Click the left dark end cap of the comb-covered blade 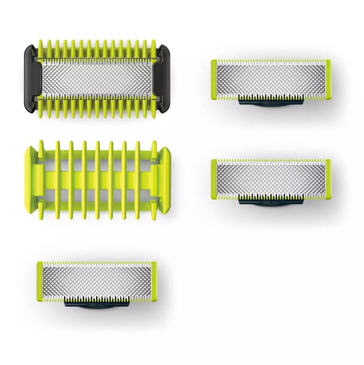pyautogui.click(x=30, y=79)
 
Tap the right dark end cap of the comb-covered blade pyautogui.click(x=164, y=79)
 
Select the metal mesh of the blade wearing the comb pyautogui.click(x=97, y=79)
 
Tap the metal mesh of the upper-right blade pyautogui.click(x=271, y=79)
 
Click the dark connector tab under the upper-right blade pyautogui.click(x=271, y=102)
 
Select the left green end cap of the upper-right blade pyautogui.click(x=214, y=79)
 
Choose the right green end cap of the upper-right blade pyautogui.click(x=328, y=79)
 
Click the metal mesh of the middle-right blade pyautogui.click(x=271, y=179)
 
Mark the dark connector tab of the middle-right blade pyautogui.click(x=271, y=201)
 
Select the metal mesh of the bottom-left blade pyautogui.click(x=97, y=281)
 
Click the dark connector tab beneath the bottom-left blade pyautogui.click(x=97, y=303)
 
